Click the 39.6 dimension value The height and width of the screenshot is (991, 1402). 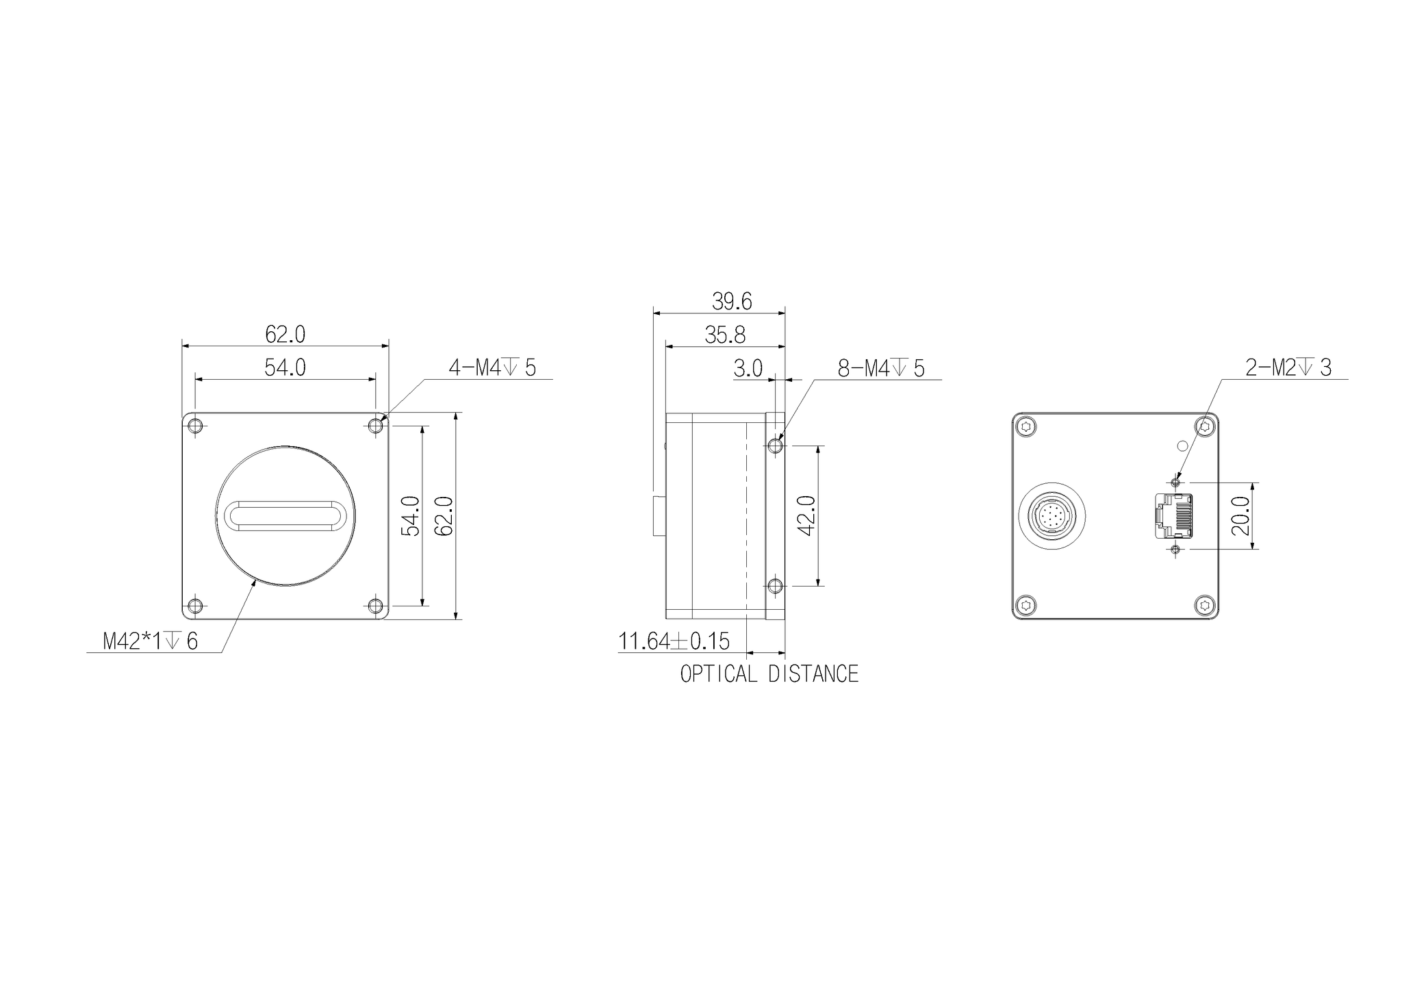[732, 301]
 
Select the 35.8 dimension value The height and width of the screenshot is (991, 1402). [725, 335]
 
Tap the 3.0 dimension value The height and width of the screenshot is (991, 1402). [748, 369]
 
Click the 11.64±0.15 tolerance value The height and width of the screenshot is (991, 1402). [674, 641]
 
